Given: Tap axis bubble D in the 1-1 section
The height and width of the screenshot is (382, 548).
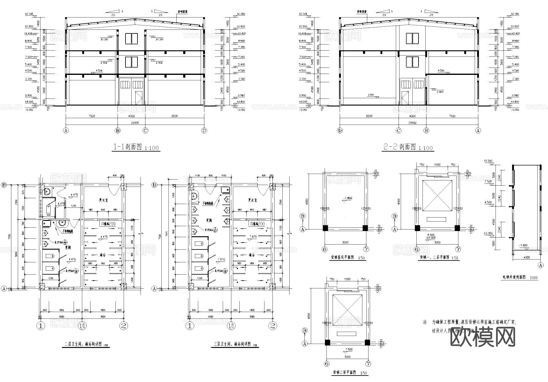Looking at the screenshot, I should click(204, 131).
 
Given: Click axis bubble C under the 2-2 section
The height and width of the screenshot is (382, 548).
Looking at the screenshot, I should click(399, 131).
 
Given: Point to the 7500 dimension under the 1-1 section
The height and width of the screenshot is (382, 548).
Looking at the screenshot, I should click(91, 116).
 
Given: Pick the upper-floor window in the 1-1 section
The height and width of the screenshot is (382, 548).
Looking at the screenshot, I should click(131, 38).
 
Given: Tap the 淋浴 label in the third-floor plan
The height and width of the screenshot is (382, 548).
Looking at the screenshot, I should click(252, 255).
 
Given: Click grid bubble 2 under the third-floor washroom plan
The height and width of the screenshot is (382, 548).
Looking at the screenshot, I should click(272, 326).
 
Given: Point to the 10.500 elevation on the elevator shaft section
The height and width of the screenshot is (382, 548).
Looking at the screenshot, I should click(488, 161).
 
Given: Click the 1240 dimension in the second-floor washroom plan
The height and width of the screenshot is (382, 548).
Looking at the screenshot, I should click(74, 206).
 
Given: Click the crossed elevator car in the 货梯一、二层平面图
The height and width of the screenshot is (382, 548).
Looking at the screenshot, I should click(437, 195).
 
